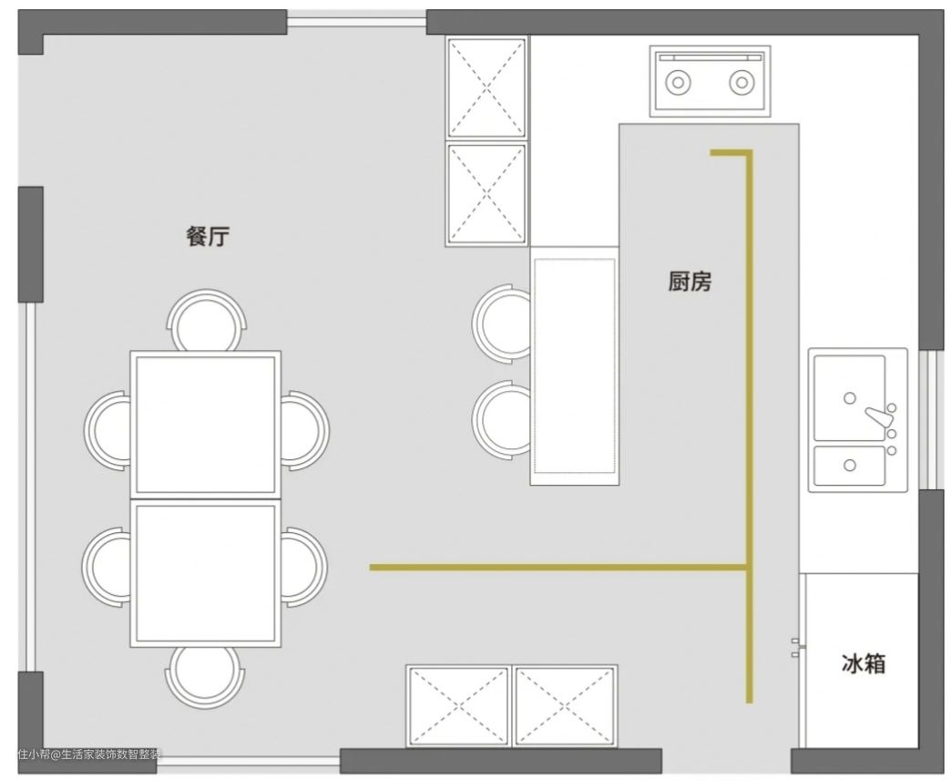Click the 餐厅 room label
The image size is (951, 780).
pyautogui.click(x=208, y=236)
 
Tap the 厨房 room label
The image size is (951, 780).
pyautogui.click(x=690, y=282)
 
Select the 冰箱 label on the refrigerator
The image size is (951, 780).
pyautogui.click(x=863, y=663)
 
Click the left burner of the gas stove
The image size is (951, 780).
pyautogui.click(x=678, y=82)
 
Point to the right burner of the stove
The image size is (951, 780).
pyautogui.click(x=741, y=82)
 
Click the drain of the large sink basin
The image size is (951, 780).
pyautogui.click(x=850, y=398)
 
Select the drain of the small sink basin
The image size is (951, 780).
pyautogui.click(x=850, y=466)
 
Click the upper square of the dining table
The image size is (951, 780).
pyautogui.click(x=206, y=425)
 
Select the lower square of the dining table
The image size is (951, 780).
pyautogui.click(x=206, y=573)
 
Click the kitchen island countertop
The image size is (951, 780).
pyautogui.click(x=575, y=365)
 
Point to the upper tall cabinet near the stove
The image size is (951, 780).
pyautogui.click(x=486, y=88)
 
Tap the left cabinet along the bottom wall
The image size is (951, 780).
pyautogui.click(x=458, y=706)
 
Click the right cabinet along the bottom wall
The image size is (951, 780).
pyautogui.click(x=565, y=706)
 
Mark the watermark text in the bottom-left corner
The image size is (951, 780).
pyautogui.click(x=90, y=754)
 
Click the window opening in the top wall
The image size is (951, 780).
pyautogui.click(x=357, y=22)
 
